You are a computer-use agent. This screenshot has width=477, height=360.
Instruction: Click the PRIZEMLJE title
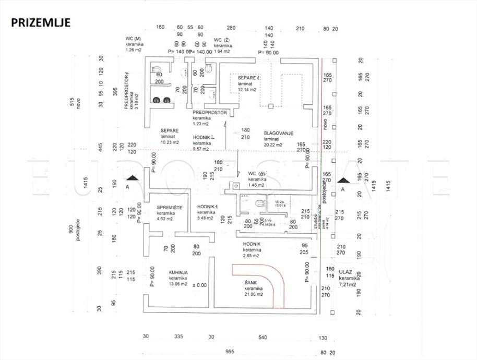point(40,22)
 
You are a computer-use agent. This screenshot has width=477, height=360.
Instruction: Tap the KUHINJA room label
point(178,272)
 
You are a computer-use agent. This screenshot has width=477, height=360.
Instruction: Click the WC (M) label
point(134,39)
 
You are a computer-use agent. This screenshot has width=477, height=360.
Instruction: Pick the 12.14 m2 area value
point(247,89)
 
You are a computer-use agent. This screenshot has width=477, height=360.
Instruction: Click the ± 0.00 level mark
point(200,285)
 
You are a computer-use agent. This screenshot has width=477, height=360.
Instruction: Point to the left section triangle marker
point(133,178)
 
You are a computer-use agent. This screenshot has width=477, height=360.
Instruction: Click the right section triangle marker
point(343,179)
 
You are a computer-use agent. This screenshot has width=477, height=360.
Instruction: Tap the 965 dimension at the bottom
point(229,352)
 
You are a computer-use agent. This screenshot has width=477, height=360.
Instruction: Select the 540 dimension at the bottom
point(263,337)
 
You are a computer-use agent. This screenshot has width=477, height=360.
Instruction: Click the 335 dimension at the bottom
point(178,337)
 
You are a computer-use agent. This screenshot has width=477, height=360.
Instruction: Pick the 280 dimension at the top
point(232,27)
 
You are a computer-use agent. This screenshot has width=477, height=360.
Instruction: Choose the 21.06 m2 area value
point(253,294)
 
